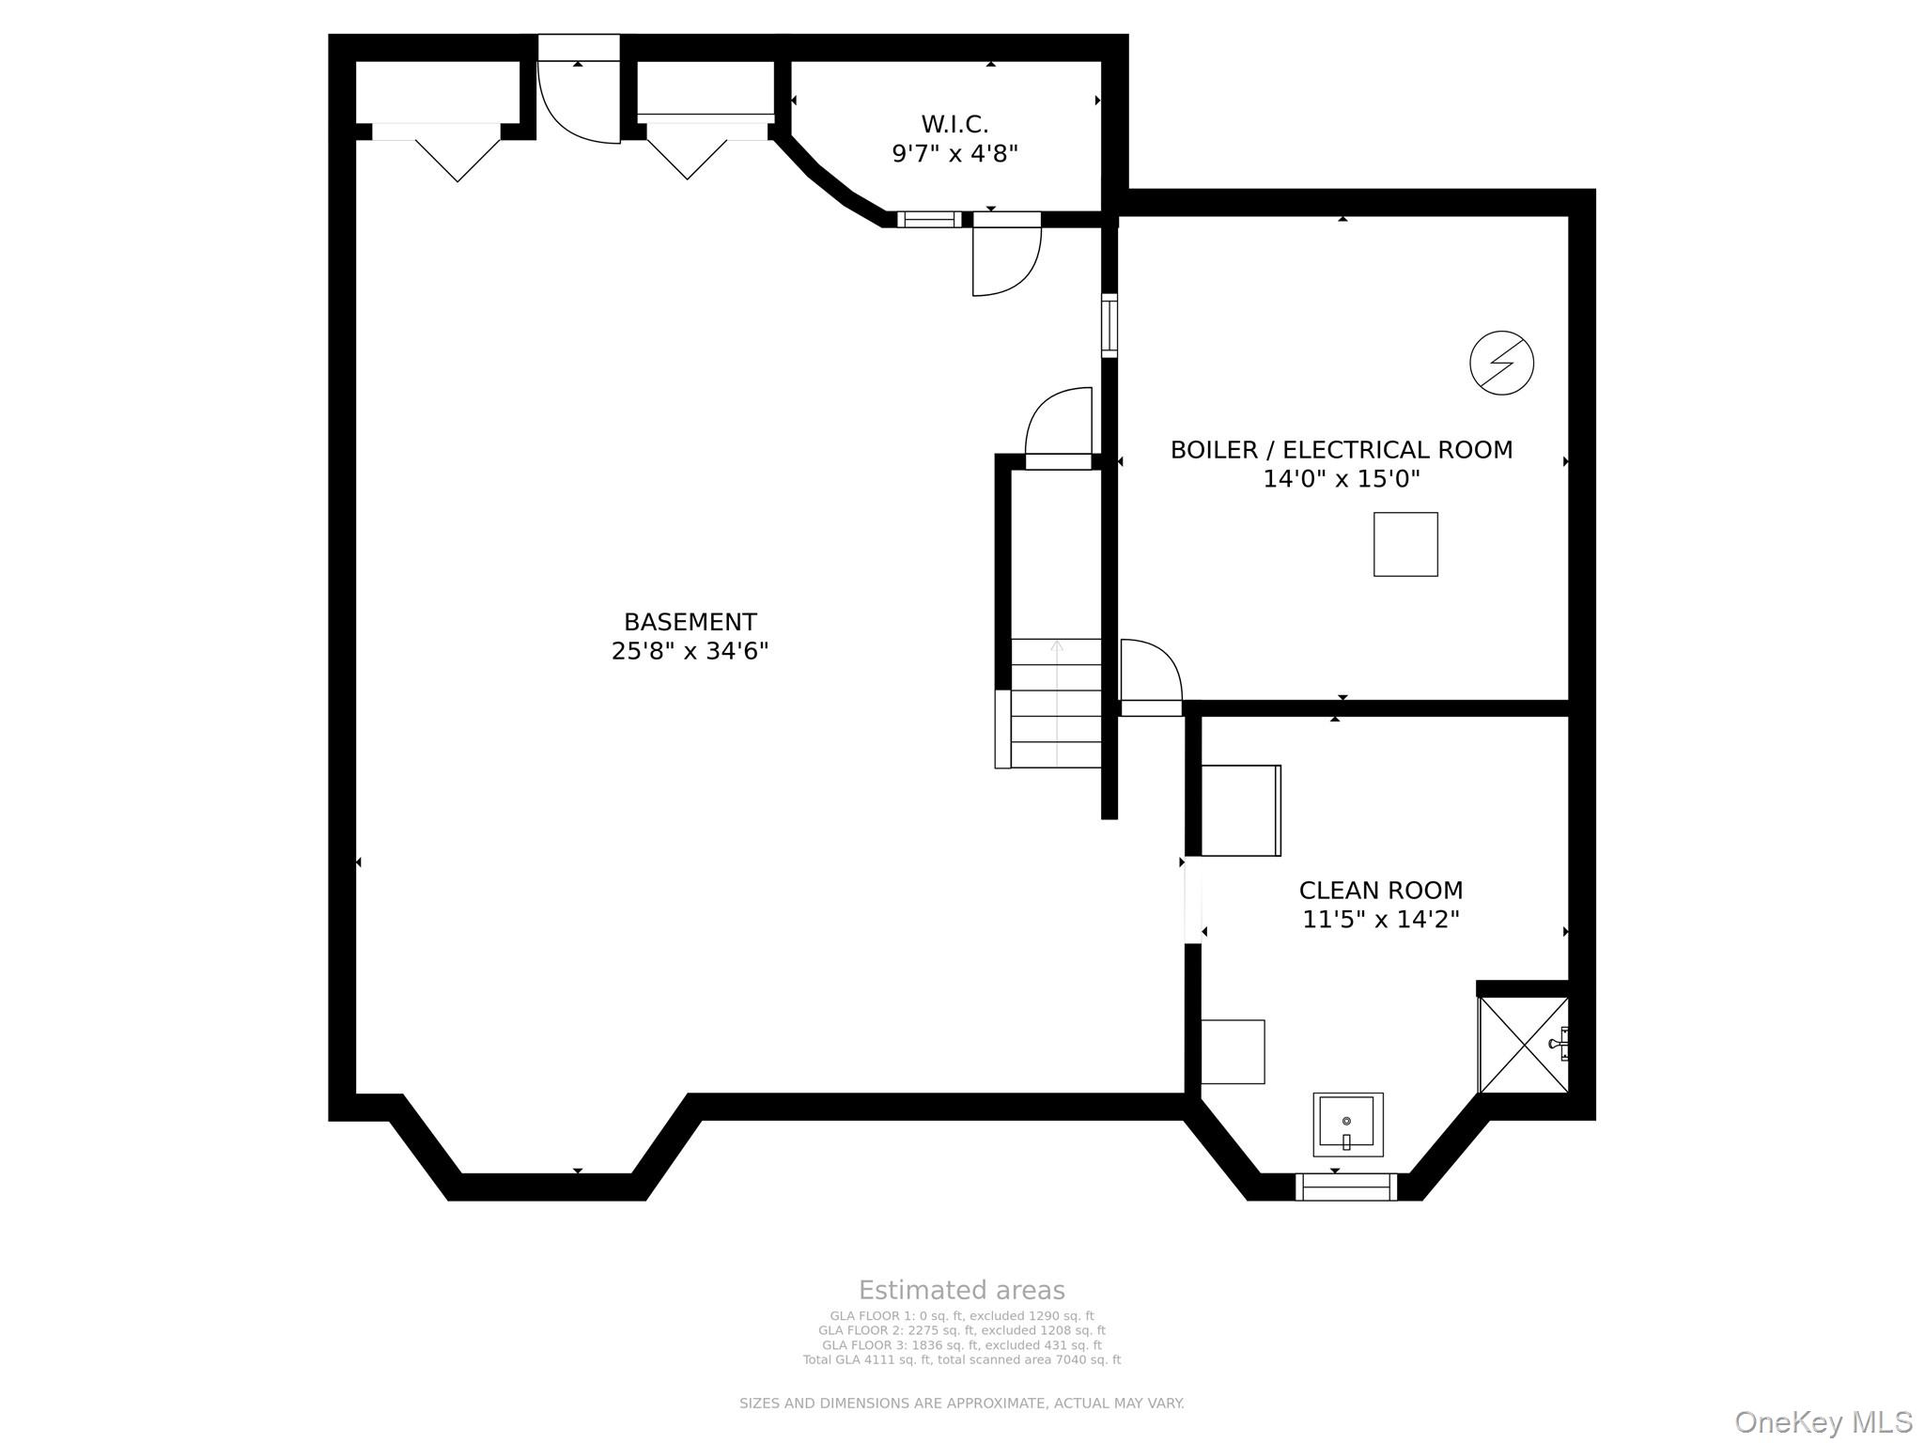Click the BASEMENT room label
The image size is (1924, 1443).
point(690,622)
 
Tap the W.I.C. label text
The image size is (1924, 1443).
point(954,124)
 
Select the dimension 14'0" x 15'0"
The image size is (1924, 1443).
point(1341,479)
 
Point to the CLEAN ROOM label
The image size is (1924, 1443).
point(1380,890)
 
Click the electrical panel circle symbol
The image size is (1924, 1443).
point(1501,363)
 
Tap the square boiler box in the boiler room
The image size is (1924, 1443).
point(1405,544)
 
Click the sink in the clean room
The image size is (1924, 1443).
point(1347,1124)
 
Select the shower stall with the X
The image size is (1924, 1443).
point(1523,1045)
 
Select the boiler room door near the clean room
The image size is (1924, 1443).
point(1150,673)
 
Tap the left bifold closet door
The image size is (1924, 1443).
point(457,156)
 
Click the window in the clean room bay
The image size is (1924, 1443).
point(1345,1187)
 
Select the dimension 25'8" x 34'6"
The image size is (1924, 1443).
point(690,651)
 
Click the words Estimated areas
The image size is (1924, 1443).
point(961,1290)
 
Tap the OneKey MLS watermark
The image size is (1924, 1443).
point(1823,1422)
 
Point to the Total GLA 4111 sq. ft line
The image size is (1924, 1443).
point(961,1359)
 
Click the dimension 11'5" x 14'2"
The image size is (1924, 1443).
point(1380,919)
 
